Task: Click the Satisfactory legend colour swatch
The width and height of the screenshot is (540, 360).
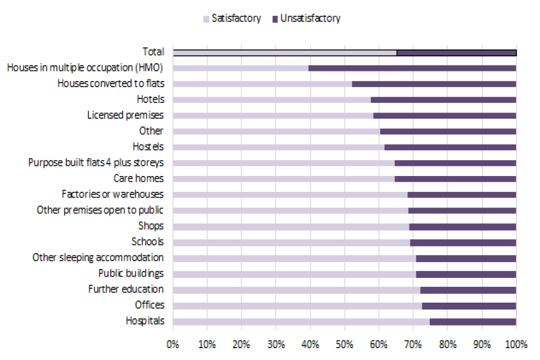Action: [206, 19]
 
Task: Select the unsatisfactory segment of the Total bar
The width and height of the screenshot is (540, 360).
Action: [456, 52]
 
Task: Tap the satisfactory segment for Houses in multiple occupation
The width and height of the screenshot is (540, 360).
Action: [241, 68]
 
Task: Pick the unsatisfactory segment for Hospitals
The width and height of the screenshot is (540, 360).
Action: [472, 321]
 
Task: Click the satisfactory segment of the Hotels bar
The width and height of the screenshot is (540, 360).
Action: [272, 100]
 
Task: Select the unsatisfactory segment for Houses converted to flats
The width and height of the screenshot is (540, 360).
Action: [434, 84]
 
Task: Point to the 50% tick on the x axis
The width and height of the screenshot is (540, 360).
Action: [344, 343]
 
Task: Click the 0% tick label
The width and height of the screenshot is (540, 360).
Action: [173, 343]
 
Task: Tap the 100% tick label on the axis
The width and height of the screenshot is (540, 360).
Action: [516, 343]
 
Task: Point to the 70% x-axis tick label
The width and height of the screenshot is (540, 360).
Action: [413, 343]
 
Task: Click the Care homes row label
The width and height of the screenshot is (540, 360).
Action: [138, 178]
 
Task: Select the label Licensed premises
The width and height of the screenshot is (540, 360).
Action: [125, 115]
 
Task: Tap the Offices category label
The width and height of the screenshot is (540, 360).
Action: [150, 305]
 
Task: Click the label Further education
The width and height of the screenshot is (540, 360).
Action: [126, 289]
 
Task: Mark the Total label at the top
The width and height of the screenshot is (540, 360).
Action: [153, 52]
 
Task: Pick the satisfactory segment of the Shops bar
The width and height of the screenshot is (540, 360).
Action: [291, 226]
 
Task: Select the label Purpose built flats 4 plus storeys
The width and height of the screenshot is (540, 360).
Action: [96, 163]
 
